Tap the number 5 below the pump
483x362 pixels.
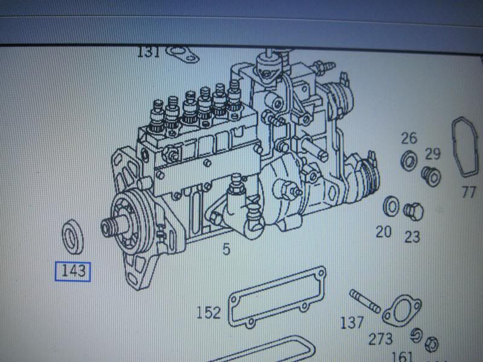(226, 248)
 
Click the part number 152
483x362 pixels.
(208, 313)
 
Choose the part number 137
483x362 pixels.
(351, 323)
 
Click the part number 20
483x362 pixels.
(384, 232)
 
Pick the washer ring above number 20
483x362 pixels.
(391, 206)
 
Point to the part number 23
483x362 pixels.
(412, 236)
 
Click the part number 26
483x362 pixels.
(409, 139)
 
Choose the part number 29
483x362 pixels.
(432, 153)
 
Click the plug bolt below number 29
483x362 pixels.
(432, 174)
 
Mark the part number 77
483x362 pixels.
(469, 192)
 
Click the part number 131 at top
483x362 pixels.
(149, 52)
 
